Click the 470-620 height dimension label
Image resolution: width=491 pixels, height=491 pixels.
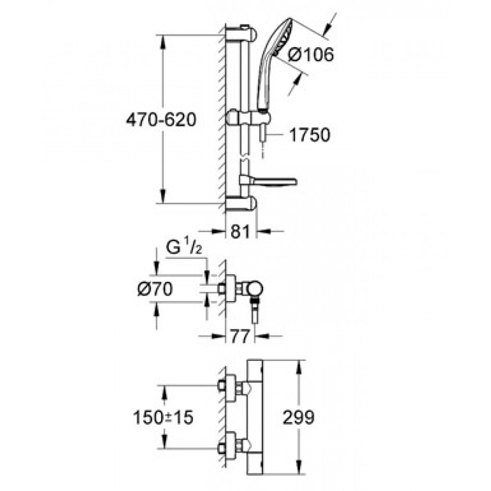click(x=161, y=120)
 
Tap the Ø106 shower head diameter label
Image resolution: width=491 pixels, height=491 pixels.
click(x=311, y=55)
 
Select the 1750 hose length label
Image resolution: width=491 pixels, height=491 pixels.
click(x=309, y=135)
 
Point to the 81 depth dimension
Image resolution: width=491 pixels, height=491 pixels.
click(x=241, y=232)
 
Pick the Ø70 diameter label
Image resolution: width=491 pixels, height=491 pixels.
click(x=155, y=289)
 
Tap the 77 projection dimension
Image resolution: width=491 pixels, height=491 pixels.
click(x=240, y=337)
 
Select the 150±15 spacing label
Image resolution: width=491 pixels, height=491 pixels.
click(x=163, y=417)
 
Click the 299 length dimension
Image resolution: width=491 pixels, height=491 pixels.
click(x=298, y=417)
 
